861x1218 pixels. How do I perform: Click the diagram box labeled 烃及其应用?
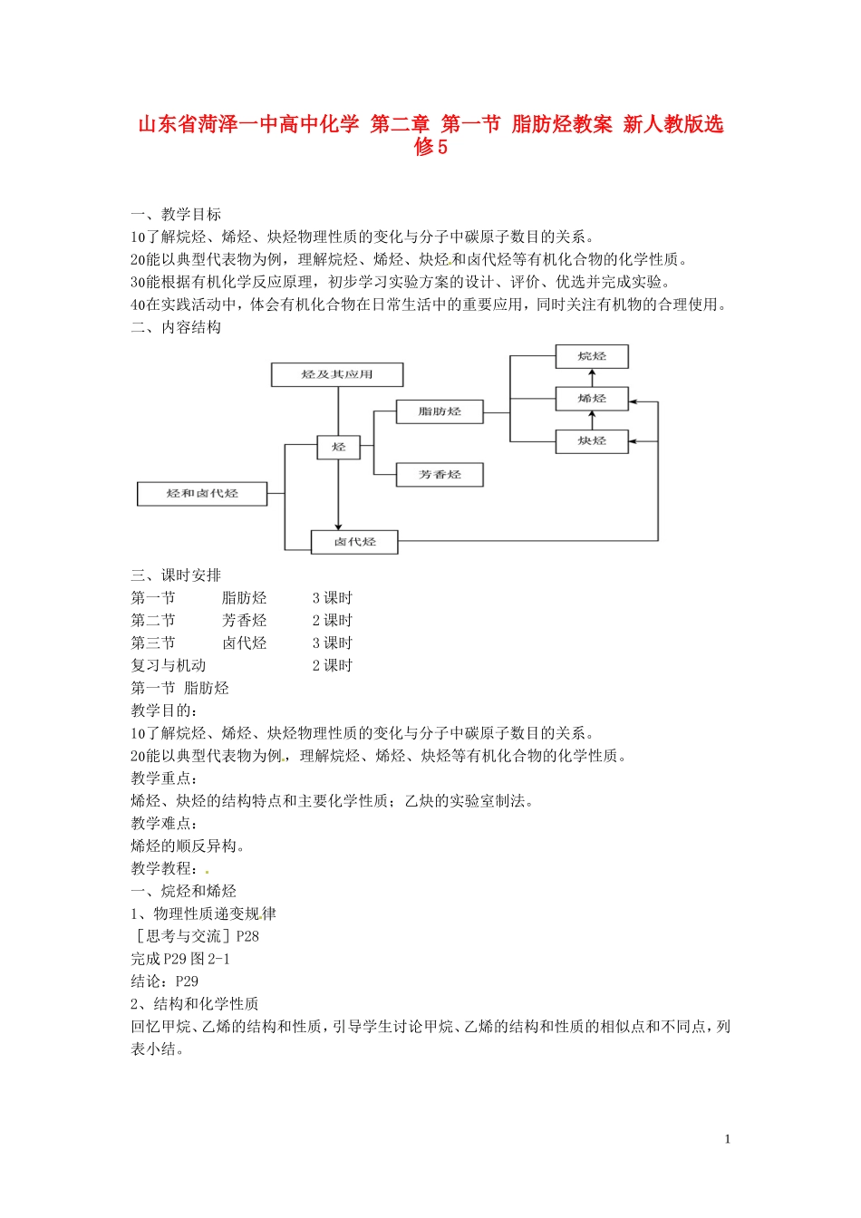pyautogui.click(x=337, y=374)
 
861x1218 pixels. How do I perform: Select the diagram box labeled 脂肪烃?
pyautogui.click(x=440, y=411)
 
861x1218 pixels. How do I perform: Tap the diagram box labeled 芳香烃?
pyautogui.click(x=440, y=474)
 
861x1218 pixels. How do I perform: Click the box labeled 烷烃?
pyautogui.click(x=592, y=356)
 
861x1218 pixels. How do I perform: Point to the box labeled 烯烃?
pyautogui.click(x=592, y=399)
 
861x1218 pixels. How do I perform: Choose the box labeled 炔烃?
pyautogui.click(x=592, y=441)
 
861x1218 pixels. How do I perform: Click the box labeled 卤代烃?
pyautogui.click(x=354, y=542)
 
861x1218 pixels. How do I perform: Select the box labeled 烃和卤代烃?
pyautogui.click(x=202, y=494)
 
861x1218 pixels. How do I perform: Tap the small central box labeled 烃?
pyautogui.click(x=338, y=447)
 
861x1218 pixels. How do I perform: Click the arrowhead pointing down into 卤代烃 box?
pyautogui.click(x=338, y=525)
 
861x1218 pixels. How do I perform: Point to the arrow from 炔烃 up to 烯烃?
pyautogui.click(x=592, y=420)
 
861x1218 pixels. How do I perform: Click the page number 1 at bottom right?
pyautogui.click(x=727, y=1139)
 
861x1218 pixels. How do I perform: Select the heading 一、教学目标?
pyautogui.click(x=176, y=215)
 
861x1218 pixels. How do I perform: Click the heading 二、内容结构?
pyautogui.click(x=176, y=327)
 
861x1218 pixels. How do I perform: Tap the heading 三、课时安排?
pyautogui.click(x=176, y=575)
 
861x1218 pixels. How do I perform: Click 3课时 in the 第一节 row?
pyautogui.click(x=332, y=598)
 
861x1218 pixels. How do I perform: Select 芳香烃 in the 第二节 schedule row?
pyautogui.click(x=245, y=621)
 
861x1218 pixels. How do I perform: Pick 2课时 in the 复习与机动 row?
pyautogui.click(x=332, y=665)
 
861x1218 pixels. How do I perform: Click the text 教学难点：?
pyautogui.click(x=164, y=823)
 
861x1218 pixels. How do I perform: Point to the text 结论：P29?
pyautogui.click(x=164, y=981)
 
